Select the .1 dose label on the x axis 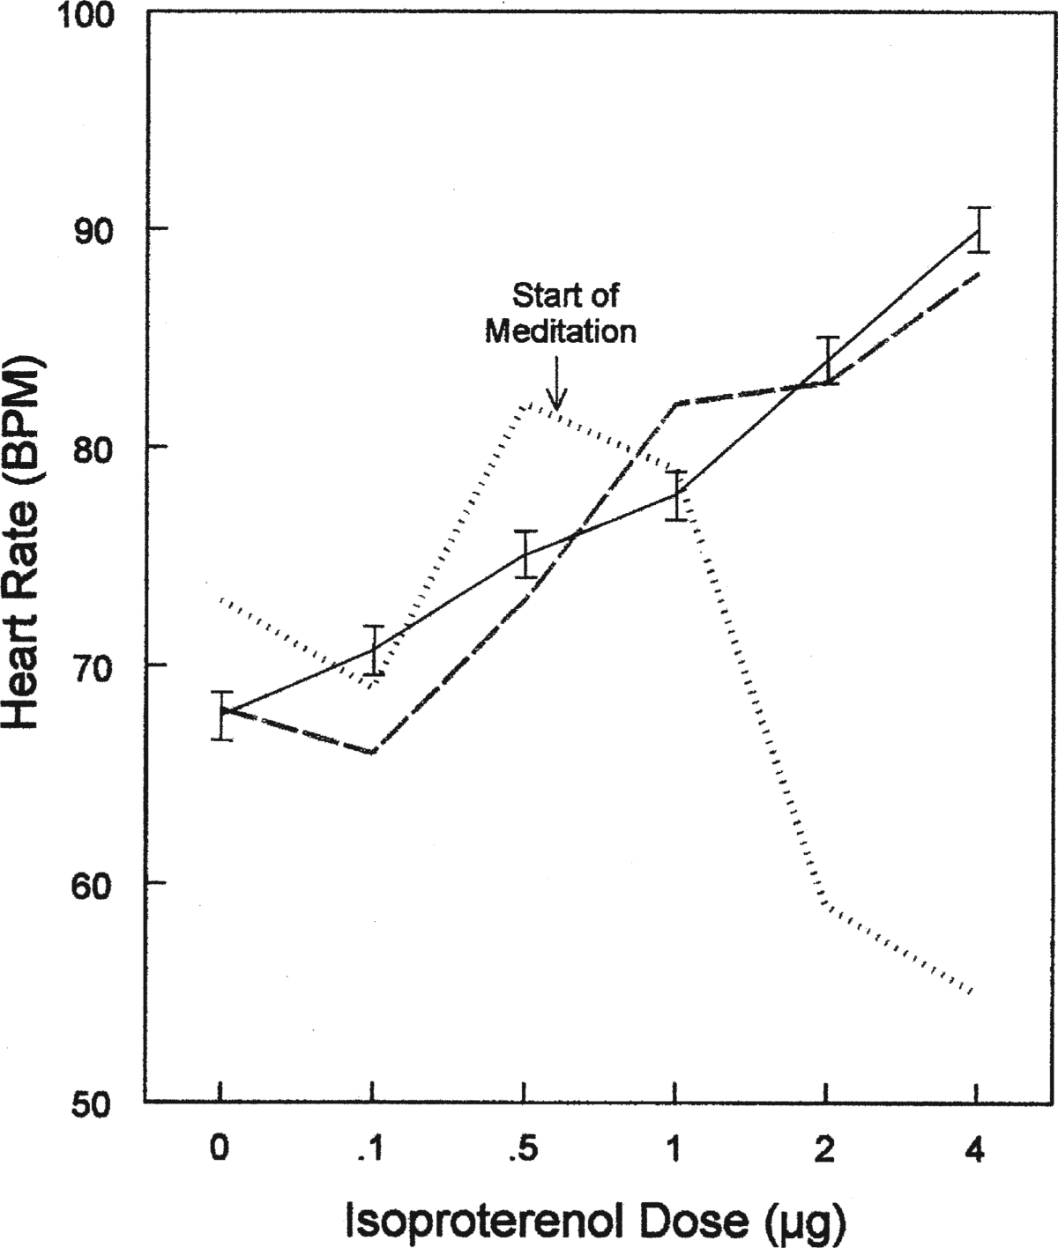point(370,1149)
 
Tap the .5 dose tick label point(523,1149)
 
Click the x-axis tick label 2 point(825,1149)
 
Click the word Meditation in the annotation point(562,331)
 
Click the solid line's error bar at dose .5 point(525,554)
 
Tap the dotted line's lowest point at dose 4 point(971,993)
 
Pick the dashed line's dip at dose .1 point(373,752)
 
